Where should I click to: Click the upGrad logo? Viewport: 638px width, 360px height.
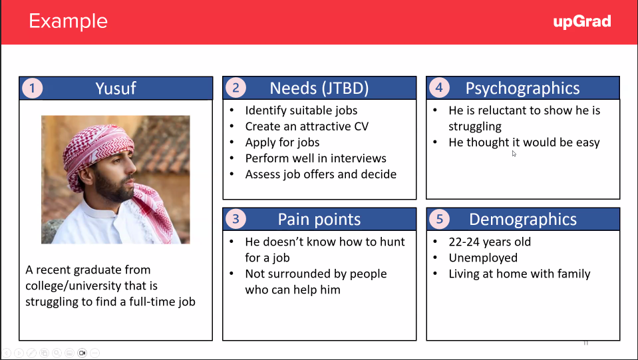tap(582, 21)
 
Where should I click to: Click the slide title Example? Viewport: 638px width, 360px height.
tap(68, 21)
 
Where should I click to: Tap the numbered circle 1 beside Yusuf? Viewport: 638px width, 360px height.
tap(32, 88)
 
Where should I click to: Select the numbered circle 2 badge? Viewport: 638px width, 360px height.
tap(236, 87)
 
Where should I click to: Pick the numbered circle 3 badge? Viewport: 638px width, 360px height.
tap(236, 219)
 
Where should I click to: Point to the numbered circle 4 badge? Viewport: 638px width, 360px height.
tap(439, 87)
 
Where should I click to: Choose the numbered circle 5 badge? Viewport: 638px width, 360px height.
tap(440, 219)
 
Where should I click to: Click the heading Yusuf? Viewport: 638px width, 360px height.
tap(116, 89)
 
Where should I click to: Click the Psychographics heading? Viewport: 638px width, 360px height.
tap(522, 89)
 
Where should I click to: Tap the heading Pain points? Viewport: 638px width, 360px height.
tap(319, 220)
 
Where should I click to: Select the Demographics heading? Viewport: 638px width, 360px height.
tap(523, 220)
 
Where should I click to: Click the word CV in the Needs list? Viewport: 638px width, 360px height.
tap(361, 126)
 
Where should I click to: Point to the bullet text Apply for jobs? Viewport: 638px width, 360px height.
tap(282, 142)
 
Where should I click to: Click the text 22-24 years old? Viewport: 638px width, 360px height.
tap(490, 242)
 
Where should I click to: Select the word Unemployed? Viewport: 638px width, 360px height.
tap(483, 258)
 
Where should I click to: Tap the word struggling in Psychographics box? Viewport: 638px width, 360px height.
tap(475, 126)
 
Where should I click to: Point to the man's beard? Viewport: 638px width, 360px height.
tap(112, 188)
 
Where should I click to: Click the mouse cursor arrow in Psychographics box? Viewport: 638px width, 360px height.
tap(514, 153)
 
